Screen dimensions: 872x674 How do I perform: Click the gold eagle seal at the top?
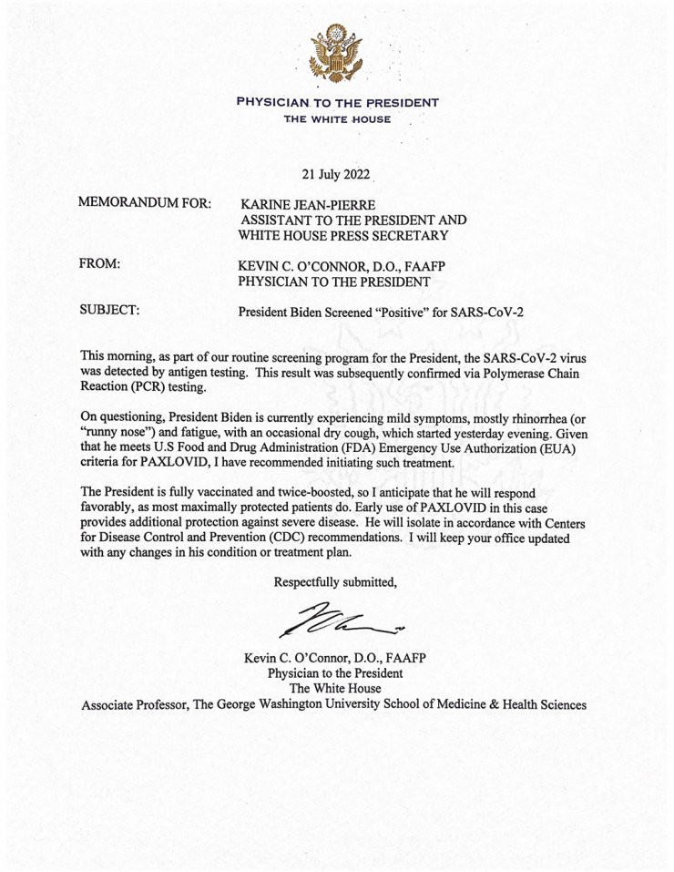tap(337, 52)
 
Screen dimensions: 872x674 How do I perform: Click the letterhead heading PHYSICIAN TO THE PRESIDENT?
tap(337, 102)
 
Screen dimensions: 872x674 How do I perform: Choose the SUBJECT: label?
tap(110, 311)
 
